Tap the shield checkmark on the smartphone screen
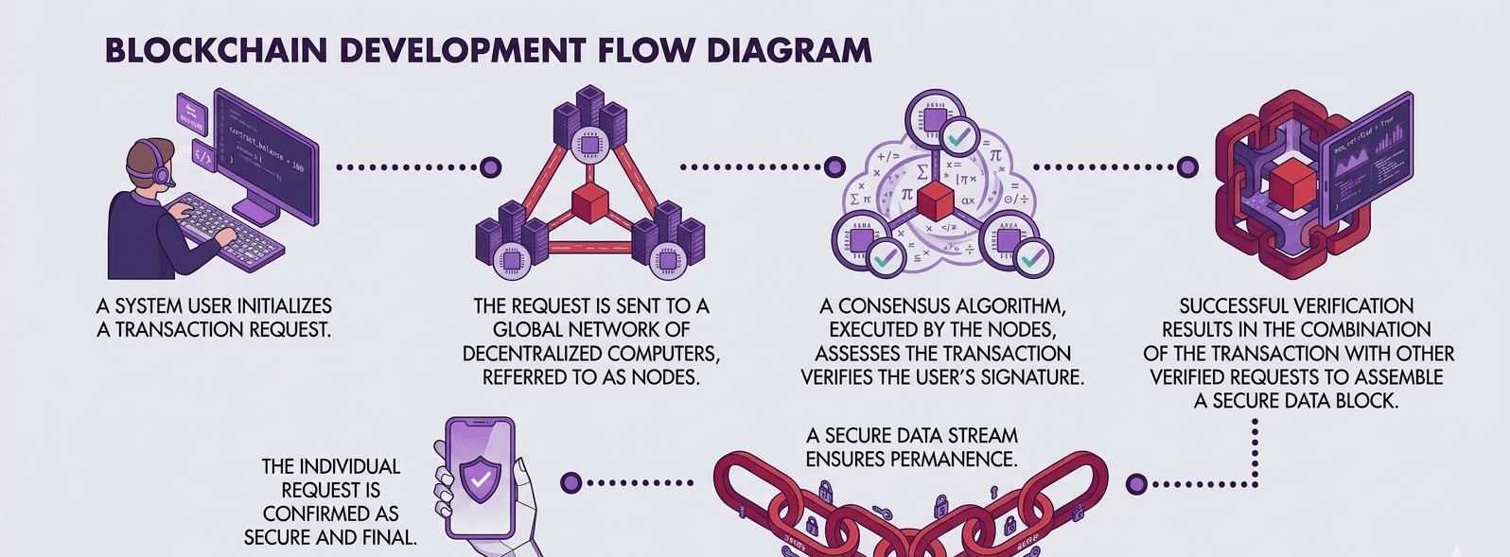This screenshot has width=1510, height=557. pyautogui.click(x=481, y=479)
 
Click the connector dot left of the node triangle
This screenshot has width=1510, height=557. pyautogui.click(x=490, y=167)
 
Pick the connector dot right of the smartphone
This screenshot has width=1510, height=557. pyautogui.click(x=570, y=483)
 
